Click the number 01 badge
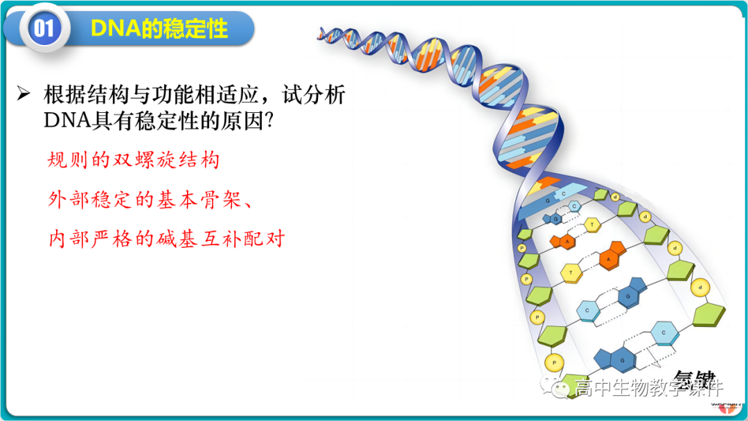pyautogui.click(x=43, y=28)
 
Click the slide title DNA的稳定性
pyautogui.click(x=159, y=28)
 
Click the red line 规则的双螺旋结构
pyautogui.click(x=133, y=161)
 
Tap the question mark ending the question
pyautogui.click(x=272, y=121)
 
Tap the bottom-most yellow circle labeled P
pyautogui.click(x=553, y=361)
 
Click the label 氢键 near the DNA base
pyautogui.click(x=695, y=379)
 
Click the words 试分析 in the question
pyautogui.click(x=315, y=94)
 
